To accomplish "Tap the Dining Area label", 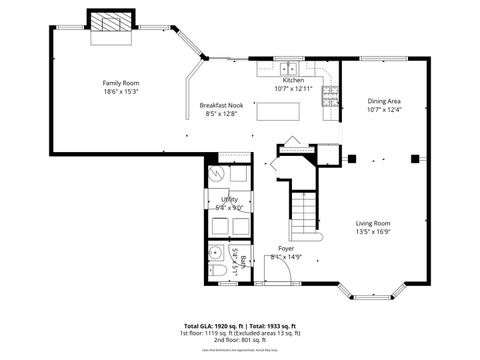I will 385,100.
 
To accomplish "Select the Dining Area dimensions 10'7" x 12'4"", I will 385,109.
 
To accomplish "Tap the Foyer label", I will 286,248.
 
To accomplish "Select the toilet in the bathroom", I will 217,271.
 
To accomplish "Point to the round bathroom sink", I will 216,251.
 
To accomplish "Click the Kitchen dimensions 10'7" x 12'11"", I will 293,88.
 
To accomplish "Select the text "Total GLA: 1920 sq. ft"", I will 219,325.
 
